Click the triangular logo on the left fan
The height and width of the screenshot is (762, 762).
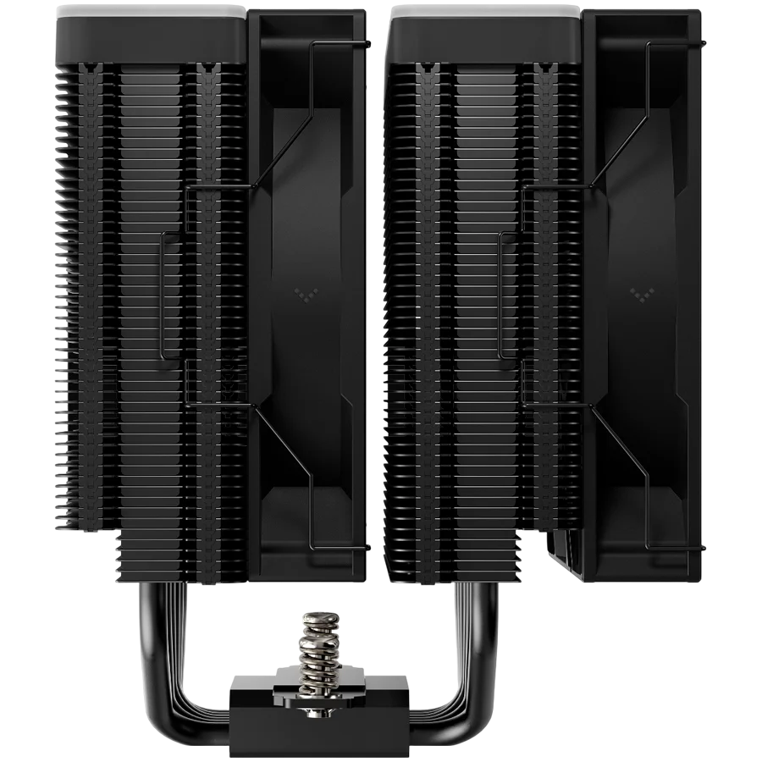(x=302, y=293)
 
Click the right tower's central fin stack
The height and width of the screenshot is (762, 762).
(x=486, y=296)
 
